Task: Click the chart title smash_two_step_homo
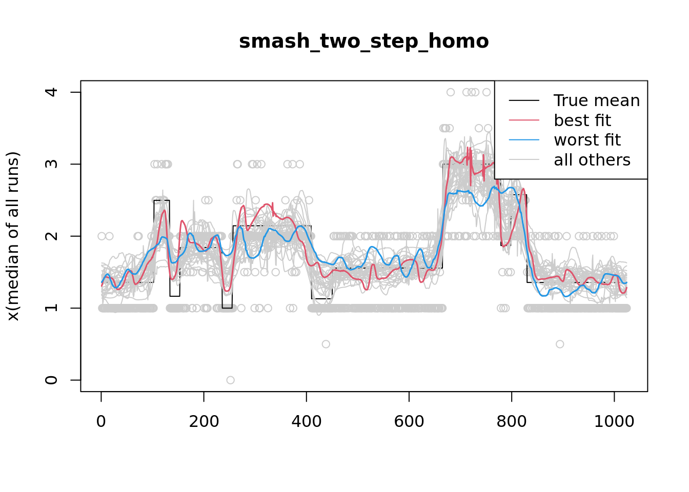click(x=363, y=41)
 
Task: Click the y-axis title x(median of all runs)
click(x=13, y=236)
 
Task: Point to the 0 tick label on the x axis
click(x=101, y=422)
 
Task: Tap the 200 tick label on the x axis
click(x=204, y=422)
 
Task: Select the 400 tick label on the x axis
click(x=306, y=422)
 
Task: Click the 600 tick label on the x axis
click(x=409, y=422)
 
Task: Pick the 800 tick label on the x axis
click(x=511, y=422)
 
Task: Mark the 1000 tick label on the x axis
click(x=614, y=422)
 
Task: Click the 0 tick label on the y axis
click(x=51, y=380)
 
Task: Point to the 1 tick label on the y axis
click(x=51, y=308)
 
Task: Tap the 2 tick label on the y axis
click(x=51, y=236)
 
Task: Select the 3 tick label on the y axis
click(x=51, y=164)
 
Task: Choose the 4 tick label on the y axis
click(x=51, y=92)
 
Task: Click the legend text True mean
click(x=597, y=100)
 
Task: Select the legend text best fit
click(x=582, y=120)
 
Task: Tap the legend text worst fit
click(x=587, y=140)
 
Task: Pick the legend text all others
click(x=592, y=160)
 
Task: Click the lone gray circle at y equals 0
click(x=230, y=380)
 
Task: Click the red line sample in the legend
click(x=524, y=120)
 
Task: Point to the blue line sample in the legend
click(x=524, y=140)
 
